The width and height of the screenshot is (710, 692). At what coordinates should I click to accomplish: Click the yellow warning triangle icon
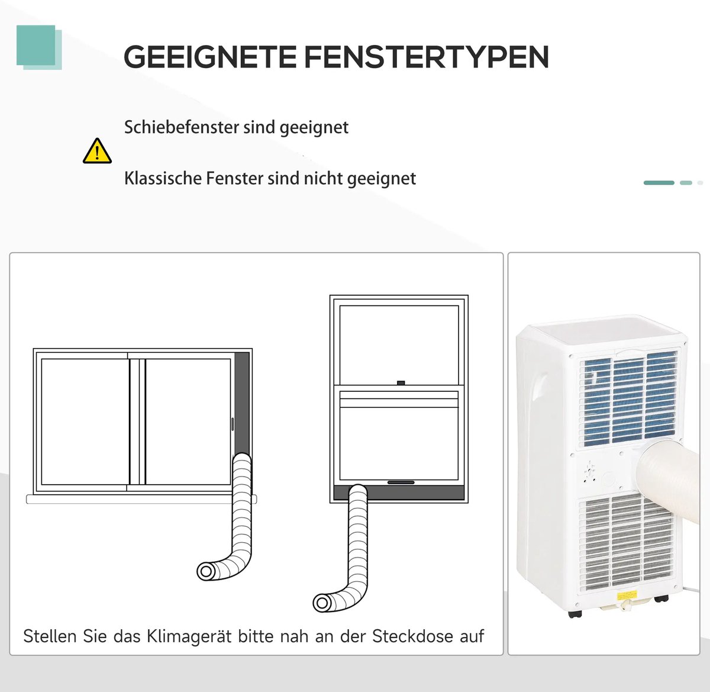pos(97,151)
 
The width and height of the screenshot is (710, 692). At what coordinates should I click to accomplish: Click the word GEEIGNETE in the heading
pos(210,57)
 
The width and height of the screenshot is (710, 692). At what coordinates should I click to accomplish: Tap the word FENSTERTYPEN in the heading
pos(427,57)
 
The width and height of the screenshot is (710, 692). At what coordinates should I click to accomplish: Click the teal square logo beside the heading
pos(38,47)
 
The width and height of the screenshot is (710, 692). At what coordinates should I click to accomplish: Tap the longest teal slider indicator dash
pos(659,183)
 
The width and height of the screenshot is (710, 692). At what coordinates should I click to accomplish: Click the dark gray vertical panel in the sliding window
pos(242,403)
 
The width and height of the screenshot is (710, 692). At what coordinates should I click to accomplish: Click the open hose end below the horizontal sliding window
pos(206,571)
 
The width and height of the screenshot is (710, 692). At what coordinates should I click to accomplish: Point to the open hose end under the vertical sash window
pos(322,603)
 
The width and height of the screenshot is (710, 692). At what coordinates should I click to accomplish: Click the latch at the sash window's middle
pos(401,383)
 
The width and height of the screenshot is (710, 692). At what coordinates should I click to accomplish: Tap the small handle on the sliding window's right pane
pos(232,424)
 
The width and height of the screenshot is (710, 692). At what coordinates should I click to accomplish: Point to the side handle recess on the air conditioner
pos(541,391)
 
